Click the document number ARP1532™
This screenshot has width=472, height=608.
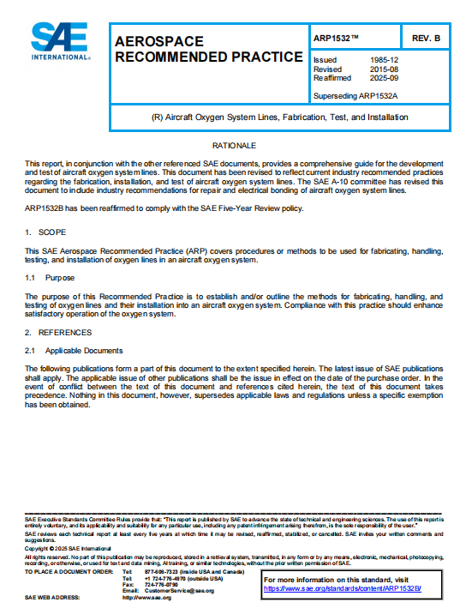click(337, 39)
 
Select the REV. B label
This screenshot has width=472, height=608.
click(426, 39)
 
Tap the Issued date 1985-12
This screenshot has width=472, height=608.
click(383, 60)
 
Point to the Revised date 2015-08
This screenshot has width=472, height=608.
click(383, 69)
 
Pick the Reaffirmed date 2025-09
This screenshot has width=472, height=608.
click(383, 77)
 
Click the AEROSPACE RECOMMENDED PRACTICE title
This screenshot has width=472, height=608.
click(208, 50)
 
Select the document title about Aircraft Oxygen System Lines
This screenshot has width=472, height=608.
click(278, 117)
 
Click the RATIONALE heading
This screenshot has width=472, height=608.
click(234, 146)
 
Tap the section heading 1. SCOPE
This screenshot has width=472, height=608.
click(40, 232)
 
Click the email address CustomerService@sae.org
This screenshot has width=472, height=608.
click(179, 590)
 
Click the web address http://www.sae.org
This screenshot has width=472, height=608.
click(146, 597)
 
